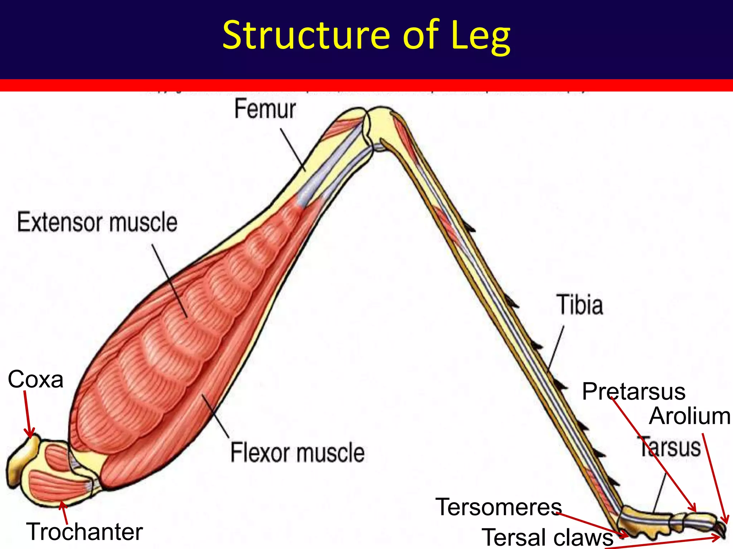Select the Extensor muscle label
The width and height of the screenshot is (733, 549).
point(97,222)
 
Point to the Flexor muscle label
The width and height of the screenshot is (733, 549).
point(297,452)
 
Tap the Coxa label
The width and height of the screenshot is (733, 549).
point(35,379)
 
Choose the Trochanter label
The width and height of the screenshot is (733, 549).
point(84,532)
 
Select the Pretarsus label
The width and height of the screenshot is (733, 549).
point(634,391)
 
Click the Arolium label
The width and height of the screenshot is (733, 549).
point(689,416)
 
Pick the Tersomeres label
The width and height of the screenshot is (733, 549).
point(499,507)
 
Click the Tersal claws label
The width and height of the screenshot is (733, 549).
point(548,537)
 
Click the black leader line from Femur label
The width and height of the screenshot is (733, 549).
point(292,150)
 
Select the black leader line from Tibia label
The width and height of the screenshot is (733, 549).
point(556,348)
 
